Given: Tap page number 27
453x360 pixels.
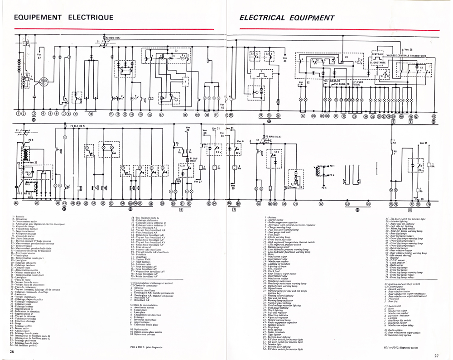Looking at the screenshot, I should coord(436,355).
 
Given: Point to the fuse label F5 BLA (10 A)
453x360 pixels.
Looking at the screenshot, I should coord(78,126).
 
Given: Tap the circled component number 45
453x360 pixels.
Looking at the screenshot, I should coord(36,204).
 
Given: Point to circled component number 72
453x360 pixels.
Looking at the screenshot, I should coord(321,204).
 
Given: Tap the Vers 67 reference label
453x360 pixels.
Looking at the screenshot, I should coord(39,56).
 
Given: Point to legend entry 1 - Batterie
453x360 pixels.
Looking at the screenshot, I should coord(20,217).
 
